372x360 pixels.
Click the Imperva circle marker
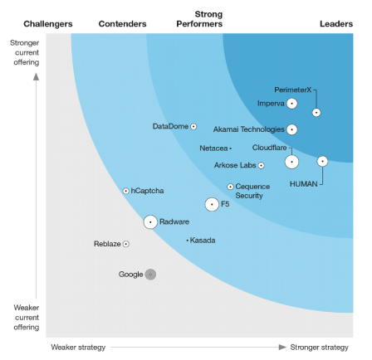291,104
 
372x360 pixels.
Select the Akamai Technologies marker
291,129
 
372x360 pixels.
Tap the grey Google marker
150,274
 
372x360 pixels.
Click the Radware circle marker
150,221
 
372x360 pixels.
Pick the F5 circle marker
212,204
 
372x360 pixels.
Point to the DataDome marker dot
193,126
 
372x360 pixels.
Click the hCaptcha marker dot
126,191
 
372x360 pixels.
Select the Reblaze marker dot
126,244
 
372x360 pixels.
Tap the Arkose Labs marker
261,165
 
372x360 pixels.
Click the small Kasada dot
188,241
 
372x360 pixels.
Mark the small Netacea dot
230,148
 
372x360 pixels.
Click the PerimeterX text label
292,90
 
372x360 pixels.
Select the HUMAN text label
303,183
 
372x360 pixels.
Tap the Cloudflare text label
270,148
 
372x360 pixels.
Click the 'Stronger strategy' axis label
319,347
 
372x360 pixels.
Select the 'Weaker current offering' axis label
26,317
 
